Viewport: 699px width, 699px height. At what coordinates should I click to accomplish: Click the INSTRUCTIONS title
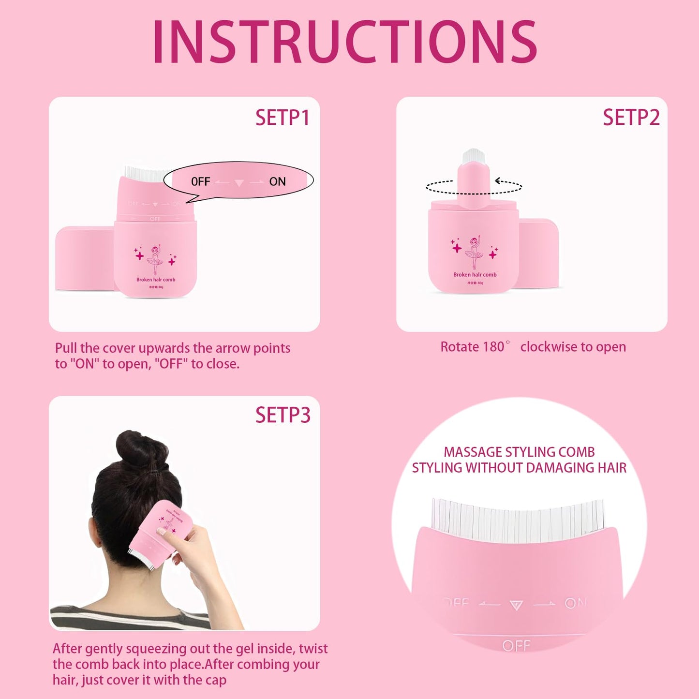click(345, 42)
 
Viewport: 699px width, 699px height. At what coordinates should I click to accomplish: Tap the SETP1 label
click(283, 118)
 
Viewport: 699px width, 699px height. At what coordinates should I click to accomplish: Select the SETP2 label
click(631, 118)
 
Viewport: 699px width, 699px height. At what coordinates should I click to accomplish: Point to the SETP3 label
click(283, 415)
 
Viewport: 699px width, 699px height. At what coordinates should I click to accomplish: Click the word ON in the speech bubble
click(277, 181)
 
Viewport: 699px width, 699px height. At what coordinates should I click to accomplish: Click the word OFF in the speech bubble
click(201, 181)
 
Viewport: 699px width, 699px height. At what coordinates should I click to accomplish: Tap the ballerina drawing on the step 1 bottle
click(155, 259)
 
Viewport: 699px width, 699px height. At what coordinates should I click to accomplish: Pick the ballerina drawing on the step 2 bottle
click(474, 252)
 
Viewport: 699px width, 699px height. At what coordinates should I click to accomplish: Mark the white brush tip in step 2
click(474, 156)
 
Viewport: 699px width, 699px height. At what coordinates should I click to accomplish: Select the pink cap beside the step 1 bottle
click(84, 258)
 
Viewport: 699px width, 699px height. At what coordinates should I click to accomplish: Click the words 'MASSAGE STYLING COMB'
click(519, 452)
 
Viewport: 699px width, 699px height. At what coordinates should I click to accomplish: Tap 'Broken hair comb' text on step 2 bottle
click(475, 275)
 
